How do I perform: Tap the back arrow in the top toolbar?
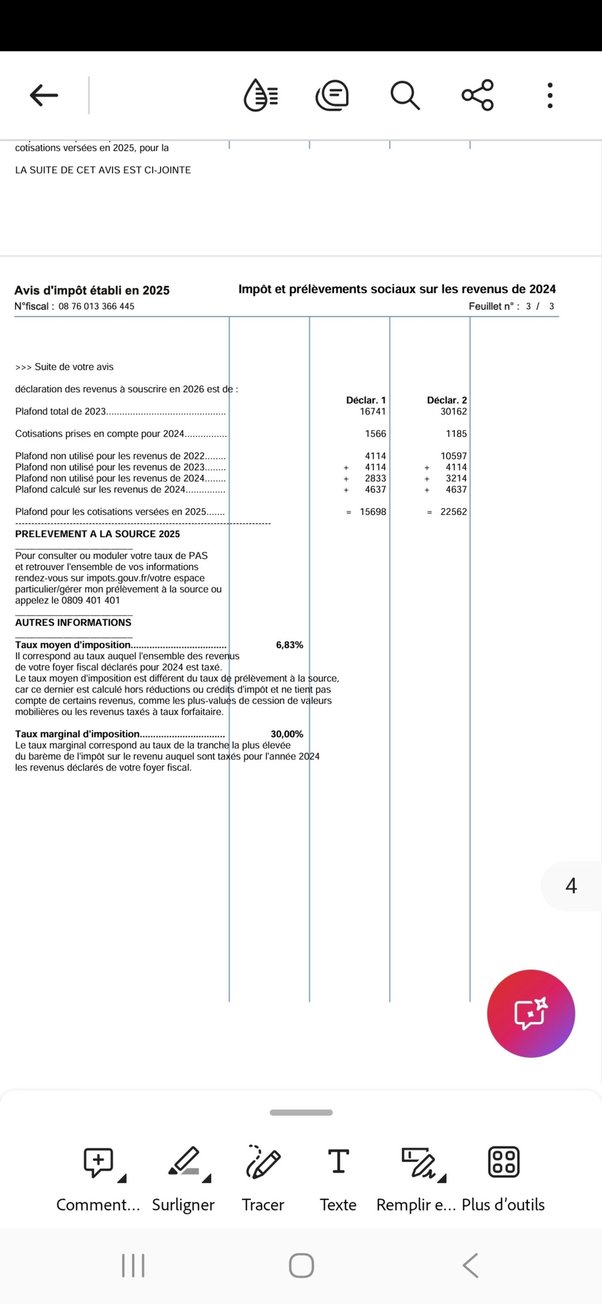(44, 95)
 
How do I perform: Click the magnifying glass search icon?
(405, 95)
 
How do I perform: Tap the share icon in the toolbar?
(477, 95)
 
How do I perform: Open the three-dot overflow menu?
(550, 95)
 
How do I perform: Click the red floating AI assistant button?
(531, 1013)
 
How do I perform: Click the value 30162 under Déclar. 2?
(454, 412)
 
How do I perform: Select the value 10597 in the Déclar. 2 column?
(454, 456)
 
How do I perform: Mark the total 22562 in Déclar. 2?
(454, 512)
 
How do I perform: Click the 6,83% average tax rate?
(290, 645)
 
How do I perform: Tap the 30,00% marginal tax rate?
(287, 734)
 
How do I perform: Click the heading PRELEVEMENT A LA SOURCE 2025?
(97, 534)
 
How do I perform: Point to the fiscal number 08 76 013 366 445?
(96, 306)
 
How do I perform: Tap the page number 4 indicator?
(571, 886)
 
